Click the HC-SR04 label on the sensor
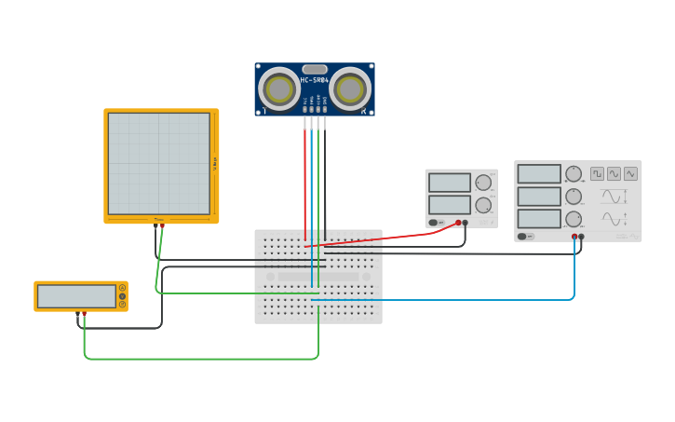point(315,80)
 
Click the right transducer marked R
point(350,89)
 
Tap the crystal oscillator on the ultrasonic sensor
point(315,69)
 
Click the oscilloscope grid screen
point(158,164)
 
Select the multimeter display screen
point(76,296)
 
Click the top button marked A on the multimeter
point(122,288)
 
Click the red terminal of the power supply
point(458,223)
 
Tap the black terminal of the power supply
point(466,223)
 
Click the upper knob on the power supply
point(482,183)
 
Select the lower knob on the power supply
point(482,205)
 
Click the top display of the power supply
point(450,183)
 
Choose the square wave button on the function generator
point(597,173)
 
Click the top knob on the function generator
point(574,174)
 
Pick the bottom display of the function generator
point(539,219)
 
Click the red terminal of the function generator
point(574,237)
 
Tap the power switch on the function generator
point(527,237)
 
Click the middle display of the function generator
point(539,197)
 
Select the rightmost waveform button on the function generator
point(630,173)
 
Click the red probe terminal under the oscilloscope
point(162,225)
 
